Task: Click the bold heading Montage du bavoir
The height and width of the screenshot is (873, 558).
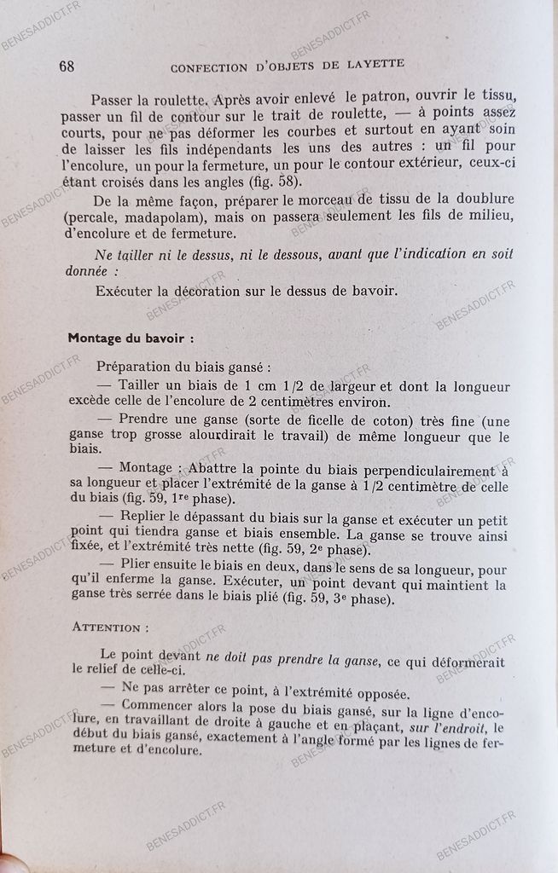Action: click(130, 337)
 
